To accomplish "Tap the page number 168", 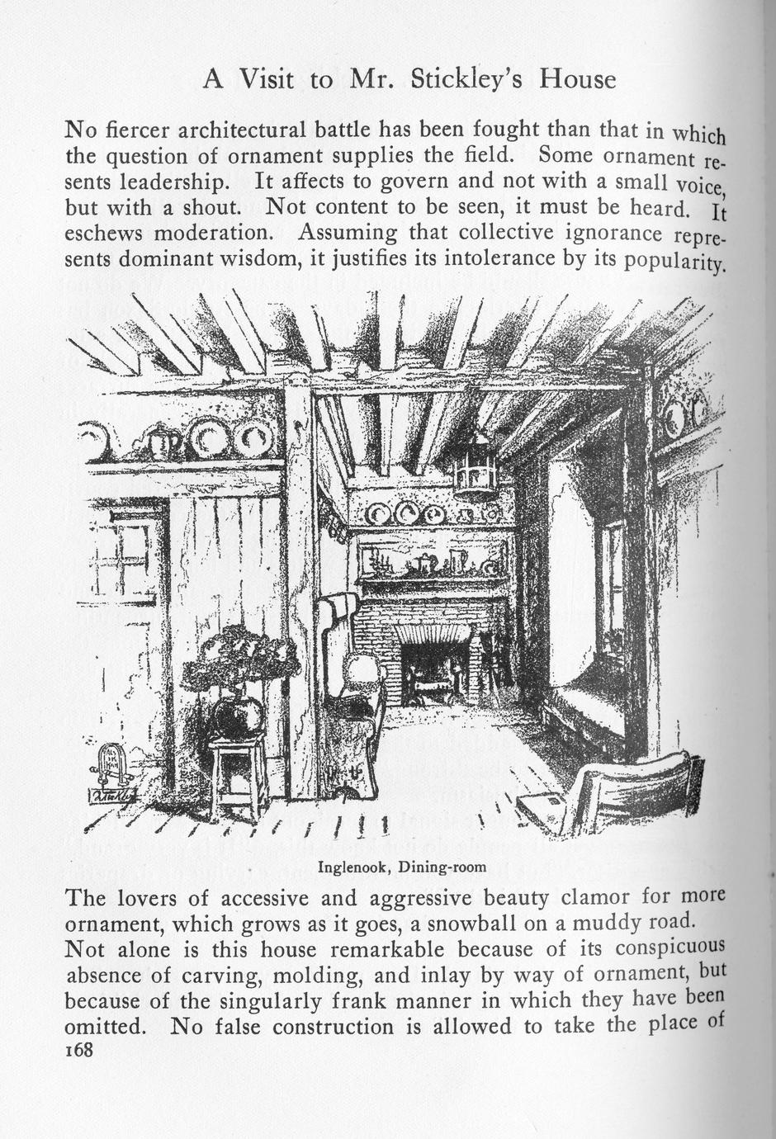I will tap(81, 1050).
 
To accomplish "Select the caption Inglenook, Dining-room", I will tap(402, 867).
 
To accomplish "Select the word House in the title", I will tap(578, 79).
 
